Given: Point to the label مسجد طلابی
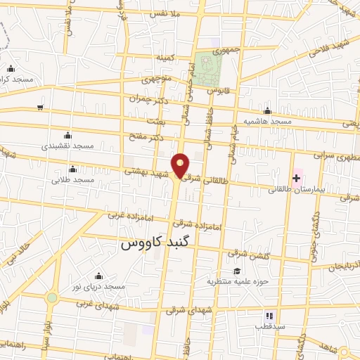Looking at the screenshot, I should tap(73, 180).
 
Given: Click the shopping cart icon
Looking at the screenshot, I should tap(40, 107).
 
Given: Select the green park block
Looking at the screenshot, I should tap(208, 67).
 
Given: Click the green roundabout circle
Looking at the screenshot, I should tap(51, 297).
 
